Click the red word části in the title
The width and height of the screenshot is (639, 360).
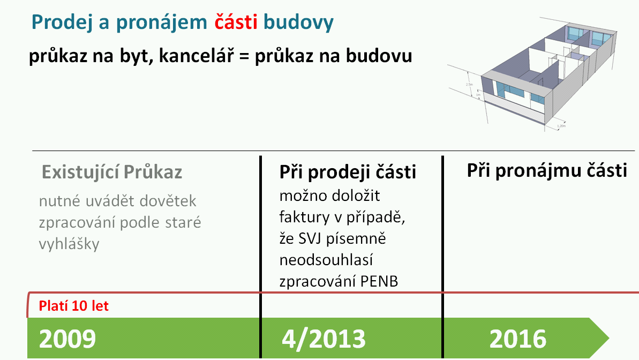[x=236, y=21]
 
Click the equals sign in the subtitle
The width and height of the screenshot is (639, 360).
[x=244, y=56]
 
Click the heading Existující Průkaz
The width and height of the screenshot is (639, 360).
[x=111, y=172]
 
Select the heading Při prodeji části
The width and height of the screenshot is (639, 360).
[x=348, y=172]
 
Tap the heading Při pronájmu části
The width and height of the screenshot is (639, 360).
[x=546, y=170]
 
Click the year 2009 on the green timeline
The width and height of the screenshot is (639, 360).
[x=67, y=339]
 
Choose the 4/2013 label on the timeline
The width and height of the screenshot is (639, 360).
[x=324, y=339]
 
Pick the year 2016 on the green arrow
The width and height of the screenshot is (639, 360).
[x=517, y=339]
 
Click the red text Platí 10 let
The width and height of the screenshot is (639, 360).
[x=74, y=306]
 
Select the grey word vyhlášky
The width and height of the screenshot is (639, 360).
[x=69, y=244]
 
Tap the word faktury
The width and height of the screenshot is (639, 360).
[x=304, y=217]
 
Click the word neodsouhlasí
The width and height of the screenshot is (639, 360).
[x=326, y=260]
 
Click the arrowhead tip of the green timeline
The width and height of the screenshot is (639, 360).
[x=609, y=338]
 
